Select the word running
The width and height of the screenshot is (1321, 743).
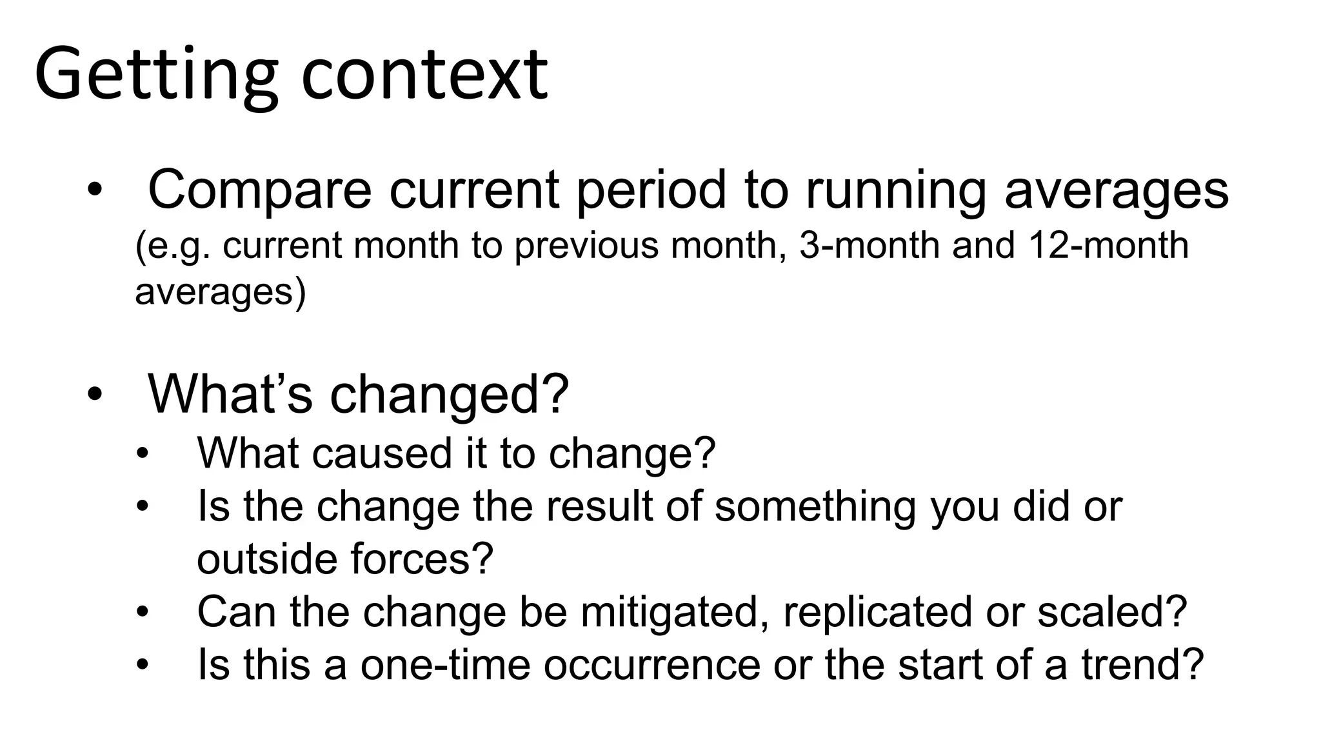[x=896, y=191]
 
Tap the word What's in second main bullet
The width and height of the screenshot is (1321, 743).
[x=230, y=393]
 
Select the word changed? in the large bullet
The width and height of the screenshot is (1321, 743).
[x=450, y=394]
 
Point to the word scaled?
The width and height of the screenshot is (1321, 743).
[x=1112, y=611]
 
